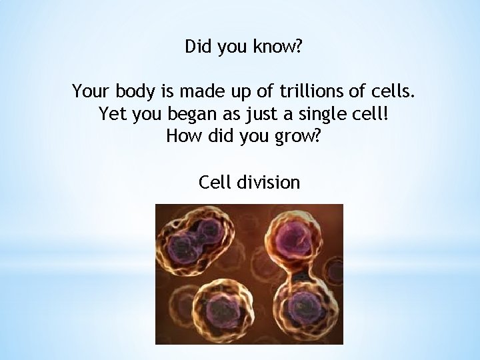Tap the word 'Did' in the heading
coord(197,47)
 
